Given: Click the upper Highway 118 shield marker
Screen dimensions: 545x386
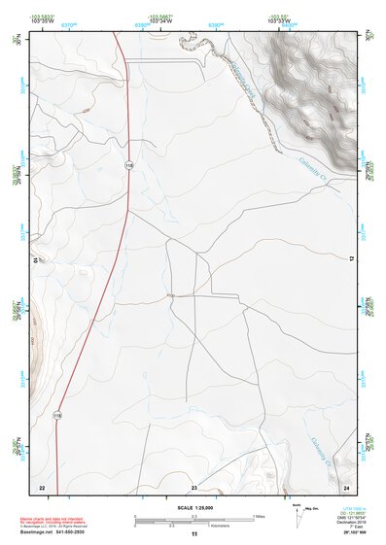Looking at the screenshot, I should [128, 166].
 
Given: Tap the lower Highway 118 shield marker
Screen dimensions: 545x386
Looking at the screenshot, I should [57, 415].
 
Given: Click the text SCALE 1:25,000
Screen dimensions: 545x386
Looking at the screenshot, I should [193, 508].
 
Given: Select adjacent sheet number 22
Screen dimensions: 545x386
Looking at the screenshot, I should [41, 487].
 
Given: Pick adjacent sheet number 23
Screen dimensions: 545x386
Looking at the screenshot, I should [193, 487].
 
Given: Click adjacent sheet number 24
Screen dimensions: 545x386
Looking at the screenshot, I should [346, 487].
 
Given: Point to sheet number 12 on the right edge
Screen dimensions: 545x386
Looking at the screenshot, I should [351, 258].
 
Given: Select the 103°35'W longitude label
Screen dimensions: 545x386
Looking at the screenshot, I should [41, 20].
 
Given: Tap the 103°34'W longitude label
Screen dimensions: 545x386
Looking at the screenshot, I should [161, 20].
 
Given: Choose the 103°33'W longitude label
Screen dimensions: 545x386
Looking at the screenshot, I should [280, 20].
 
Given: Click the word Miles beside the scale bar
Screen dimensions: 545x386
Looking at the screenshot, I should [260, 516].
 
